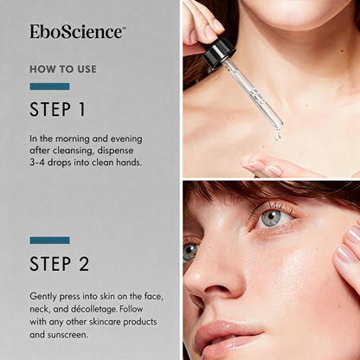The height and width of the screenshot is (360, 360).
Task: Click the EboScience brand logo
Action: click(x=77, y=32)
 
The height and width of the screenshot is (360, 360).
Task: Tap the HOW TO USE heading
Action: click(x=63, y=69)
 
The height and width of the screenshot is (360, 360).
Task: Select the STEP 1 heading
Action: click(x=58, y=110)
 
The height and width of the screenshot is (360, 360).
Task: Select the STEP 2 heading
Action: click(x=60, y=263)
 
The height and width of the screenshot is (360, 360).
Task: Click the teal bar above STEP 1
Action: click(x=49, y=87)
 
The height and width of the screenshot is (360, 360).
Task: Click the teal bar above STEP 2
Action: click(x=49, y=240)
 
